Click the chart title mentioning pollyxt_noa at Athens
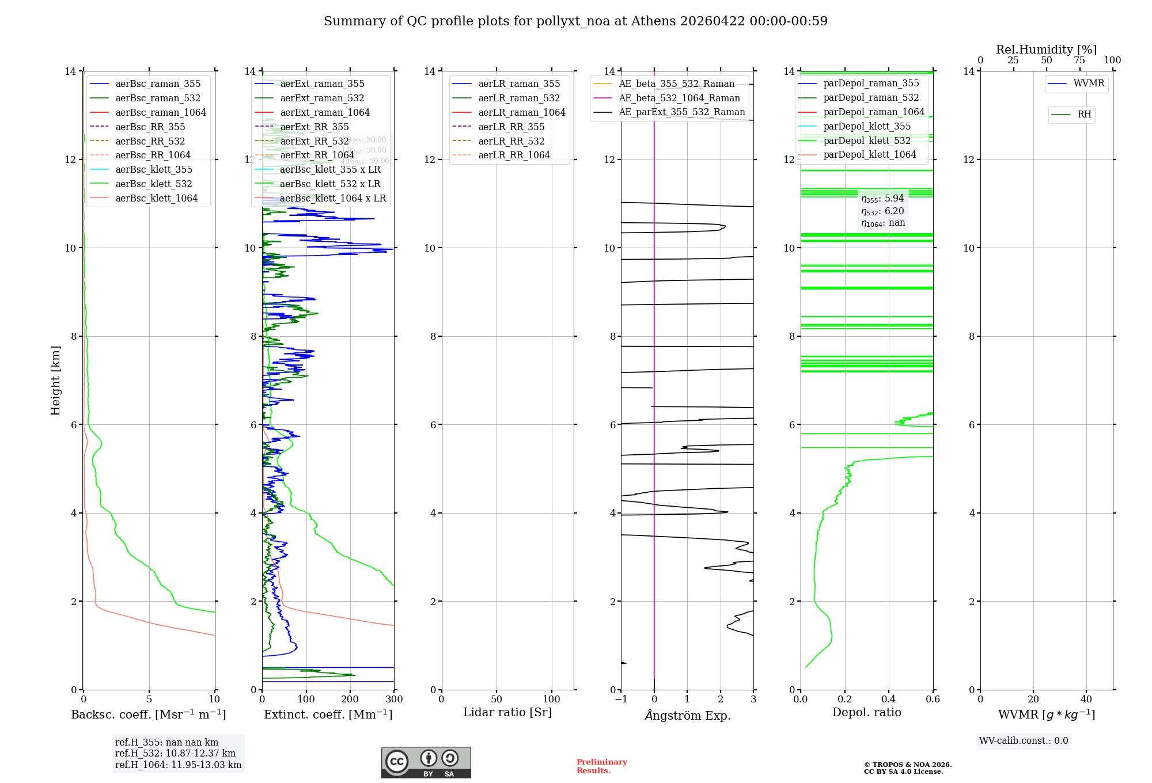pyautogui.click(x=575, y=21)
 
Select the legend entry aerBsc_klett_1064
pyautogui.click(x=156, y=198)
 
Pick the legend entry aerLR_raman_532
pyautogui.click(x=518, y=98)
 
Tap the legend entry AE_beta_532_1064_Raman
pyautogui.click(x=679, y=98)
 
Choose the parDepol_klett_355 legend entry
pyautogui.click(x=866, y=126)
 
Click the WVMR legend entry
pyautogui.click(x=1088, y=83)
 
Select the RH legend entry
pyautogui.click(x=1083, y=115)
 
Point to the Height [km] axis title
pyautogui.click(x=55, y=380)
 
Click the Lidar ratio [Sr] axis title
pyautogui.click(x=507, y=712)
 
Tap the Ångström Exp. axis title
pyautogui.click(x=687, y=715)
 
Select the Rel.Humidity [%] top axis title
pyautogui.click(x=1046, y=50)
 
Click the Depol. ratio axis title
pyautogui.click(x=866, y=712)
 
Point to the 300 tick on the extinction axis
pyautogui.click(x=394, y=699)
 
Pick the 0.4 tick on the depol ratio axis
pyautogui.click(x=889, y=699)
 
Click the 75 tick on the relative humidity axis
pyautogui.click(x=1079, y=60)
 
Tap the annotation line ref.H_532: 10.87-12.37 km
pyautogui.click(x=175, y=753)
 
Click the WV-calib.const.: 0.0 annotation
pyautogui.click(x=1023, y=741)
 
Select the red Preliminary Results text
pyautogui.click(x=601, y=766)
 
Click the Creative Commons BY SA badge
pyautogui.click(x=426, y=762)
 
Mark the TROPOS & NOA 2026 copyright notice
pyautogui.click(x=907, y=765)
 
